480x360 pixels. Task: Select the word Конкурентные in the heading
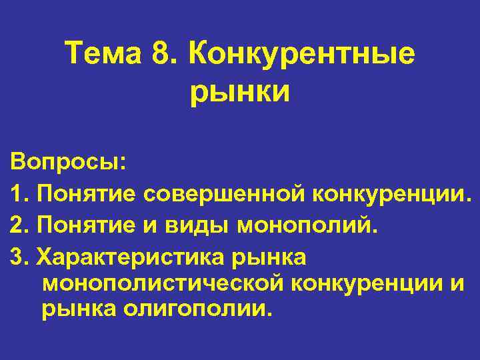click(301, 53)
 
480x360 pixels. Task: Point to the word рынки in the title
click(240, 91)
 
